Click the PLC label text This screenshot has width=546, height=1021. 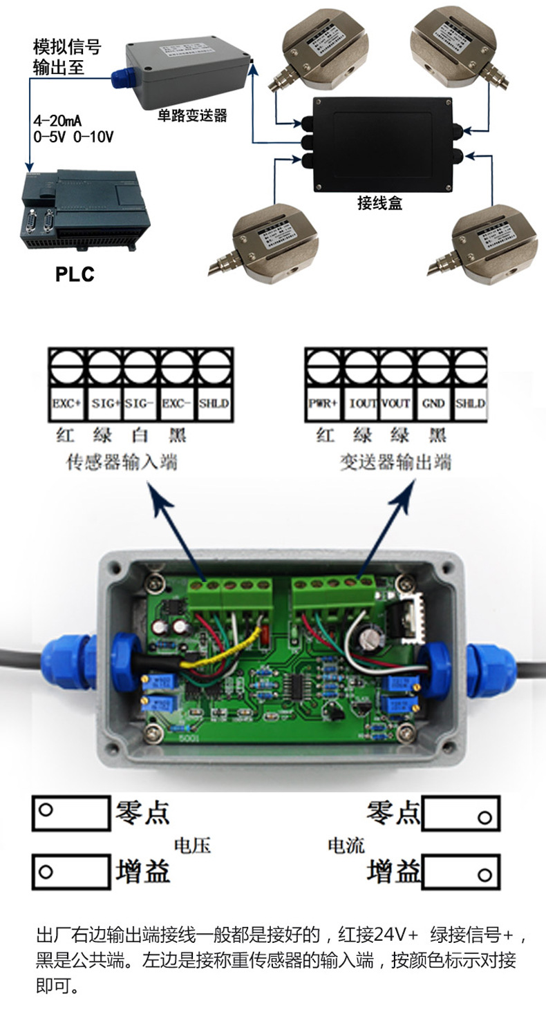pyautogui.click(x=75, y=275)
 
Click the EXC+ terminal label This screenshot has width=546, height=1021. pyautogui.click(x=67, y=403)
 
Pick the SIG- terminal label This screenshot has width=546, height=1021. pyautogui.click(x=142, y=403)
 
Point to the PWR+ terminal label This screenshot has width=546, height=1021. pyautogui.click(x=323, y=403)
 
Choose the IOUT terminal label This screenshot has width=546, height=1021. pyautogui.click(x=361, y=403)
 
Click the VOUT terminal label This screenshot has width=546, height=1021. pyautogui.click(x=397, y=403)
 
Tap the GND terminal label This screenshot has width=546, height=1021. pyautogui.click(x=433, y=403)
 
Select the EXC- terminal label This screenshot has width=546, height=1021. pyautogui.click(x=178, y=403)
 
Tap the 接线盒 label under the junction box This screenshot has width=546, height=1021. pyautogui.click(x=379, y=203)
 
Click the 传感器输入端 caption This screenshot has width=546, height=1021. pyautogui.click(x=121, y=461)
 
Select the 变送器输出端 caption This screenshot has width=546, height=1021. pyautogui.click(x=395, y=461)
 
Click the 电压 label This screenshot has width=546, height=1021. pyautogui.click(x=191, y=846)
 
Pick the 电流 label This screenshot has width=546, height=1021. pyautogui.click(x=346, y=846)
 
